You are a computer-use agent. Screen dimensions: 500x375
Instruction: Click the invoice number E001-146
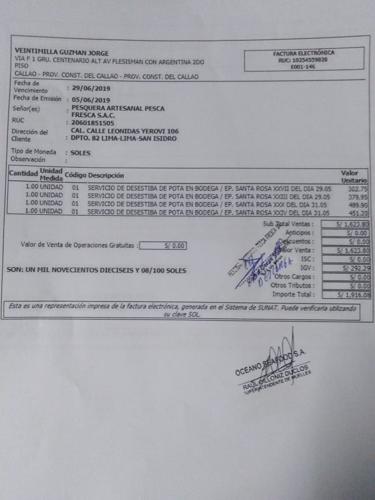click(x=302, y=67)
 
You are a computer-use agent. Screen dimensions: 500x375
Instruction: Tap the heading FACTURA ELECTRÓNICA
click(x=303, y=53)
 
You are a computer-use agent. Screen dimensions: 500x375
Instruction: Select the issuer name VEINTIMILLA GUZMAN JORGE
click(x=62, y=53)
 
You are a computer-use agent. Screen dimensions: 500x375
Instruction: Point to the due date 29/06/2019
click(x=91, y=88)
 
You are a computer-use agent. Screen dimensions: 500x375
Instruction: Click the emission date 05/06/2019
click(x=91, y=100)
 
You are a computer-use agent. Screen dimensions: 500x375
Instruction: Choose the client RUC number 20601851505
click(x=93, y=123)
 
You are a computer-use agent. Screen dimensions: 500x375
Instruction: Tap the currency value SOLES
click(x=80, y=153)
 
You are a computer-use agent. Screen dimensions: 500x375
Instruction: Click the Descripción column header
click(x=106, y=175)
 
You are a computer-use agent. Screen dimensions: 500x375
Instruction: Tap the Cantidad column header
click(x=23, y=173)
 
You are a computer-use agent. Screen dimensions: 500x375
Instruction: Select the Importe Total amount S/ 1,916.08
click(x=353, y=295)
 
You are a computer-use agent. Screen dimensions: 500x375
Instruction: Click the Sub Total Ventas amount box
click(x=346, y=224)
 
